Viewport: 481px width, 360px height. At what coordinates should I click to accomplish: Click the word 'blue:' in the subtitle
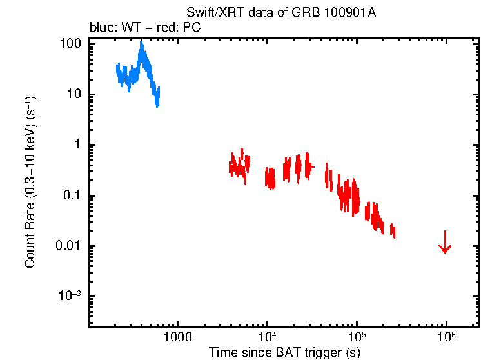[x=101, y=28]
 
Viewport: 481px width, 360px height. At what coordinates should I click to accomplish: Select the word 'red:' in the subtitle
[x=174, y=28]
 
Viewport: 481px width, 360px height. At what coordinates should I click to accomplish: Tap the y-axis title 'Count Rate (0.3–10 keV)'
[x=30, y=183]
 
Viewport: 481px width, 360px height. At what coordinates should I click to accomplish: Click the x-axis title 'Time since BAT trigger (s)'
[x=284, y=352]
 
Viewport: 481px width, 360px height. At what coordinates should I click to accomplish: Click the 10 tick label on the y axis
[x=74, y=94]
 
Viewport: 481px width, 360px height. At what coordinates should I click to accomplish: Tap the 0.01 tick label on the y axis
[x=68, y=246]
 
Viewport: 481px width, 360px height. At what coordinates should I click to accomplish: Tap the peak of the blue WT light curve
[x=141, y=44]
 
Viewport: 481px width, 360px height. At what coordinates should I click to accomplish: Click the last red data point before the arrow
[x=393, y=232]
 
